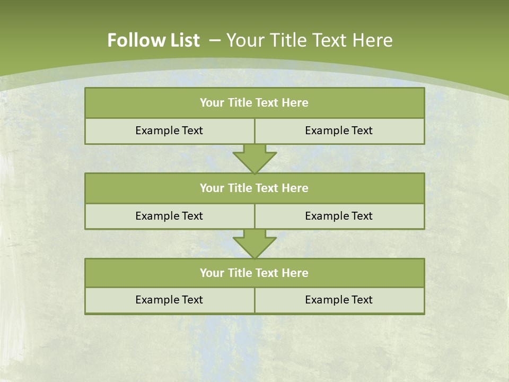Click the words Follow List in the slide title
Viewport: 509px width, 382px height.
click(x=153, y=40)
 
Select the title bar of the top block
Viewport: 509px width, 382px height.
click(x=254, y=103)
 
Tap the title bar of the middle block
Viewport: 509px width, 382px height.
click(x=254, y=188)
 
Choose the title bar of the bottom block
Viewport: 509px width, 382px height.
click(x=254, y=273)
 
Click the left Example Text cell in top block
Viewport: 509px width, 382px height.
click(x=169, y=131)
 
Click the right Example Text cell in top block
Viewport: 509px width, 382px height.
click(x=339, y=131)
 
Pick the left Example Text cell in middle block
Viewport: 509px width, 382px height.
click(x=169, y=216)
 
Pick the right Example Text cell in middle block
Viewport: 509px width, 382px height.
click(x=339, y=216)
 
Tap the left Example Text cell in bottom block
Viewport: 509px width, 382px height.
click(x=169, y=300)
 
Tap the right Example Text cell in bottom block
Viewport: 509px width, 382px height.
click(x=339, y=300)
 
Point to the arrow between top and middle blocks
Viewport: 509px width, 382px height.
click(x=254, y=158)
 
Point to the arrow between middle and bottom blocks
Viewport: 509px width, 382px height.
click(x=254, y=244)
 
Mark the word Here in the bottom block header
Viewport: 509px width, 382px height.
click(x=295, y=273)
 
